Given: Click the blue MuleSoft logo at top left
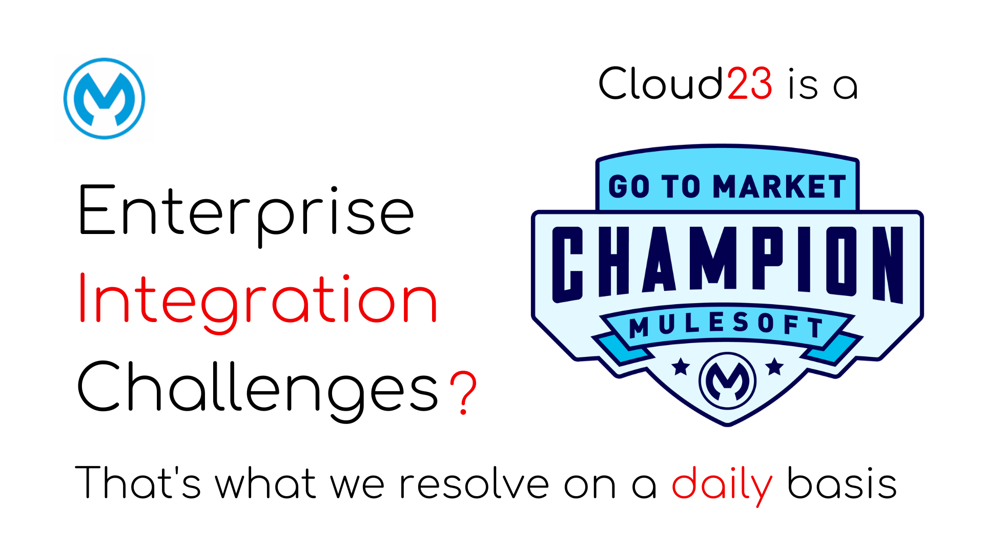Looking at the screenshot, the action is (x=105, y=98).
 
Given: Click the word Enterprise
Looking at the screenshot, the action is (x=246, y=215).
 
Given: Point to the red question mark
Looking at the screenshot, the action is (x=463, y=392).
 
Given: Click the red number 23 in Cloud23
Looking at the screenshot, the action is (x=749, y=83).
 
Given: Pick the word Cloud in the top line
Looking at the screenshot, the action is (x=661, y=83).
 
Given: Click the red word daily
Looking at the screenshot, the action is (x=722, y=484).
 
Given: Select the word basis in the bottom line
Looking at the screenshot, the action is (x=842, y=482).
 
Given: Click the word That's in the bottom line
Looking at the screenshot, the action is (x=138, y=482).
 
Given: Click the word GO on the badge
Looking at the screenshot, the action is (x=629, y=186).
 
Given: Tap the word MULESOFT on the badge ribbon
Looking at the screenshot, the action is (x=726, y=326).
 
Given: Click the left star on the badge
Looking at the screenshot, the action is (x=681, y=367).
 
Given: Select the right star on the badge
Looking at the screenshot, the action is (x=774, y=367).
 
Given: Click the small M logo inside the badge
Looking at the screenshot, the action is (x=727, y=381).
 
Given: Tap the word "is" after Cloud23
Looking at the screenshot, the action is (x=803, y=83).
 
